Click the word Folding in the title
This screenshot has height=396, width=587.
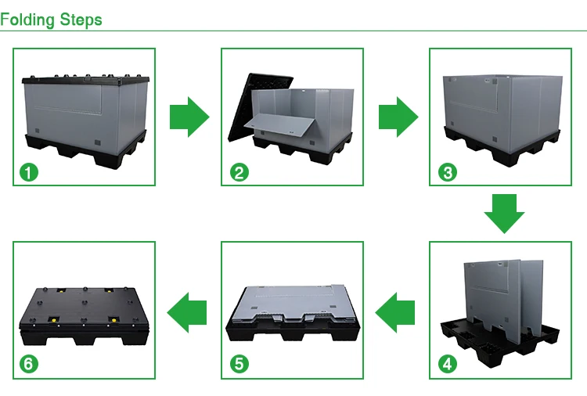click(25, 18)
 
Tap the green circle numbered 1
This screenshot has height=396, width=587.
click(29, 172)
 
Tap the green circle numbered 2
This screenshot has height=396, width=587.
click(238, 172)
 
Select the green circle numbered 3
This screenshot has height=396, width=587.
click(447, 172)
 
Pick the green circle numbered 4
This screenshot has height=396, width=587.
click(447, 364)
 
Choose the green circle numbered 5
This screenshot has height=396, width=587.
click(238, 364)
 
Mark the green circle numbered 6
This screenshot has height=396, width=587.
click(29, 364)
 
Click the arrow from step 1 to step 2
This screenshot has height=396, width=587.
click(189, 117)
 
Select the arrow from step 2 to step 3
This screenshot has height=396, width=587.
click(398, 117)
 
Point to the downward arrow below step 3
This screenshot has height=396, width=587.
click(504, 211)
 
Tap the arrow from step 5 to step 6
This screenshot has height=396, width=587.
click(188, 311)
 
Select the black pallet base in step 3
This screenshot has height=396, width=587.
click(501, 149)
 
